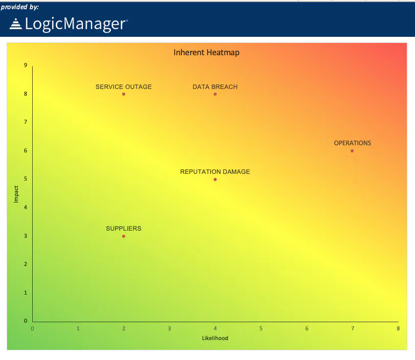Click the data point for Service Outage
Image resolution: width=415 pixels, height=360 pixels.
(124, 94)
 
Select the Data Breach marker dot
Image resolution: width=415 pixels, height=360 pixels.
(215, 94)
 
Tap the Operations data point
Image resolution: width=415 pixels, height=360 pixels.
(352, 151)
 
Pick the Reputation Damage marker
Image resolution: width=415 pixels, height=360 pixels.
(215, 179)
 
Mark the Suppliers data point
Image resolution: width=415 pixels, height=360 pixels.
(124, 236)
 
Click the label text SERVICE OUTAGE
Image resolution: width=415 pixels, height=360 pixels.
(124, 87)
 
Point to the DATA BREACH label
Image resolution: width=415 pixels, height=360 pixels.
(215, 87)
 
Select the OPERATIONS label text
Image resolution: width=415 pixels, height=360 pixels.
(353, 143)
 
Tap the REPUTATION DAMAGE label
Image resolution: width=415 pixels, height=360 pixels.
(215, 172)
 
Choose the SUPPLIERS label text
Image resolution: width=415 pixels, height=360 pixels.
(124, 229)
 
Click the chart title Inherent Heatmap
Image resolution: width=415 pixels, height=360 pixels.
(206, 53)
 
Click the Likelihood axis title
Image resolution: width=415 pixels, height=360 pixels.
(215, 339)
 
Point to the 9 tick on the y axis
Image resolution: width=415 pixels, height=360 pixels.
(26, 65)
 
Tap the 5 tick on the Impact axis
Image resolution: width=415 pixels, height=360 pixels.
(26, 179)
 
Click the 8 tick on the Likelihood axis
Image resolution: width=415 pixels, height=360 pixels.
(398, 328)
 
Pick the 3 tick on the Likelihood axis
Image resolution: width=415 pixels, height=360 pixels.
(169, 328)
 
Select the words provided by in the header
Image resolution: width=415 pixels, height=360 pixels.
(19, 7)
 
